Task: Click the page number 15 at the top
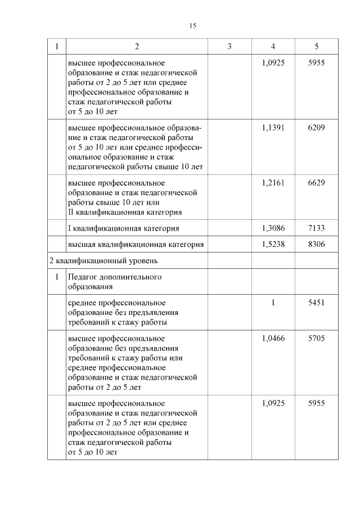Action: [193, 26]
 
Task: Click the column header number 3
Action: [229, 47]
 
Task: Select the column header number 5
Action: [317, 47]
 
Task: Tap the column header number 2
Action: [137, 47]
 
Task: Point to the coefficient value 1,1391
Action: [273, 128]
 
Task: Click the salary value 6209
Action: [317, 128]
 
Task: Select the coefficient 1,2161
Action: [273, 183]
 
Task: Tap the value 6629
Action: [317, 183]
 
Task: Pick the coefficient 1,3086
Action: [273, 228]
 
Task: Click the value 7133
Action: [317, 228]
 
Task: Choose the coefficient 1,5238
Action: [273, 245]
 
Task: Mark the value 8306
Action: [317, 245]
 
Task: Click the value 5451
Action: [317, 303]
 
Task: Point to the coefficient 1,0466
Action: [273, 339]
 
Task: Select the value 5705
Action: [317, 339]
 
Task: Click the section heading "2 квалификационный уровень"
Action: [103, 261]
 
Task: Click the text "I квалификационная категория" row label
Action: [123, 228]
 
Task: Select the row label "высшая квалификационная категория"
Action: [135, 245]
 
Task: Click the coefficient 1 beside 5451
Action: [273, 303]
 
